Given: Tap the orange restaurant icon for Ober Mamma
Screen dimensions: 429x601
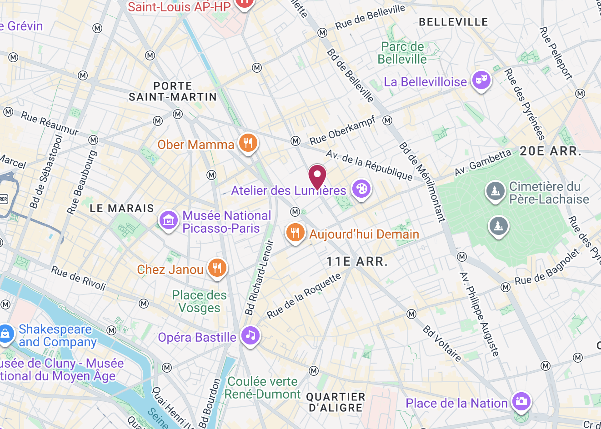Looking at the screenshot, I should pos(248,143).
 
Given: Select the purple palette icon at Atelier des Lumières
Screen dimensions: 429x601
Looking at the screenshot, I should pos(361,189).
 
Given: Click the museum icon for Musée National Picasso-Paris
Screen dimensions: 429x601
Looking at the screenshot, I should pos(168,221).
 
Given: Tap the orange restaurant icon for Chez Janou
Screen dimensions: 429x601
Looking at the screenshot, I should pos(217,268).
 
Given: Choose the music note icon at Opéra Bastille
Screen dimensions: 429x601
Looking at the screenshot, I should pos(250,336).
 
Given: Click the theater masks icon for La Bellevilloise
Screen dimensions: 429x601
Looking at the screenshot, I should pos(481,80).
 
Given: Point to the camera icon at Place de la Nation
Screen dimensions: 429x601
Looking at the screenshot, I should pos(521,401).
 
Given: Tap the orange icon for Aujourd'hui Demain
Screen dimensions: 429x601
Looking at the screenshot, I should pos(295,233).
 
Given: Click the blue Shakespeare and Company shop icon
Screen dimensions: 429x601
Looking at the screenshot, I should pos(5,334).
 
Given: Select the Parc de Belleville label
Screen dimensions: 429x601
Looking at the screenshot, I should pos(402,53).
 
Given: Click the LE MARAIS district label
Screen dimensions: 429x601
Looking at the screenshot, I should pos(122,209).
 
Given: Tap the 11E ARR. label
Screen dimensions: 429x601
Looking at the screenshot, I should pos(357,262).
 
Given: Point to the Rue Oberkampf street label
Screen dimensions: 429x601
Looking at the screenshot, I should pos(342,130).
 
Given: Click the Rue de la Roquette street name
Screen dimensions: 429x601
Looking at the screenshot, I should pos(303,296).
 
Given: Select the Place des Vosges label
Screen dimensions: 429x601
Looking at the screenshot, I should pos(199,301).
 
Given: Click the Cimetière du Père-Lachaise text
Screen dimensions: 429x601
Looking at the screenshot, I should pos(549,193).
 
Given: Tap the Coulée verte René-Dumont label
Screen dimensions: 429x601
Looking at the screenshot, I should pos(262,388).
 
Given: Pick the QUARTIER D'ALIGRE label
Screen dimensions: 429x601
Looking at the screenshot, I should pos(336,402).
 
